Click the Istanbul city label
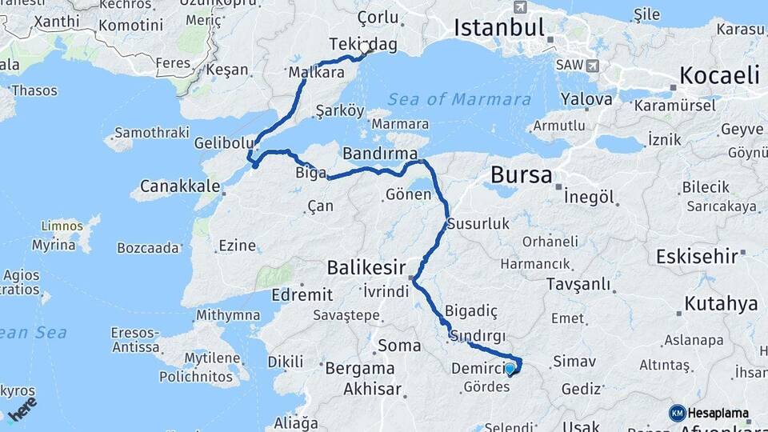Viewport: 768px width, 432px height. tap(499, 27)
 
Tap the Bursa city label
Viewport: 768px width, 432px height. tap(521, 174)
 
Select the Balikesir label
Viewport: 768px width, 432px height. tap(366, 266)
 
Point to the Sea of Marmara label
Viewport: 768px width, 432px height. tap(459, 99)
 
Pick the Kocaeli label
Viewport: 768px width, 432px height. tap(719, 76)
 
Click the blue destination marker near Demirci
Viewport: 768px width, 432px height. tap(510, 368)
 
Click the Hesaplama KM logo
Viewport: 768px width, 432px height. tap(710, 413)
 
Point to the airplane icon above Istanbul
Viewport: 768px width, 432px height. tap(521, 7)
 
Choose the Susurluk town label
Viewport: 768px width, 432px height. tap(478, 224)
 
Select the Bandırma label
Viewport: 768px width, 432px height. tap(380, 152)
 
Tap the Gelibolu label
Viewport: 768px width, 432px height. tap(224, 143)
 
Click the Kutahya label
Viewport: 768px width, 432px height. tap(719, 304)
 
